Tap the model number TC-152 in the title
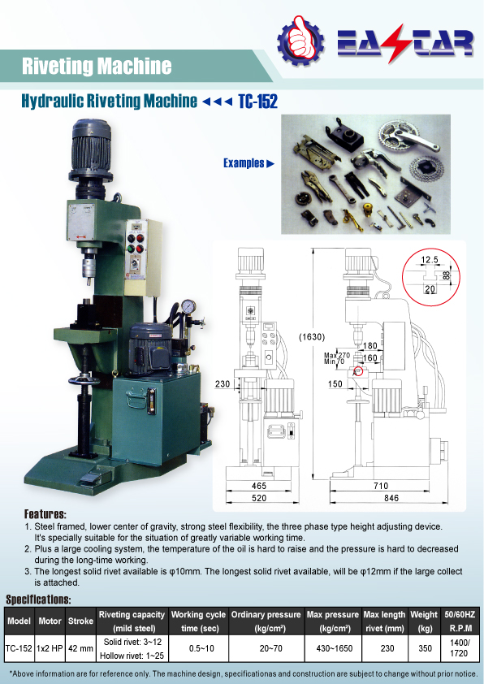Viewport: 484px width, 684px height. (x=258, y=102)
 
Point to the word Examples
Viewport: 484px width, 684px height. (x=244, y=163)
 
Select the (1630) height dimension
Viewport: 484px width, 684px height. (x=312, y=337)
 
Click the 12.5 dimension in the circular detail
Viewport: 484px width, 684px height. (x=430, y=260)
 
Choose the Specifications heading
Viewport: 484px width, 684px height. (x=38, y=600)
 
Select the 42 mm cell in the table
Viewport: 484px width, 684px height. (x=80, y=649)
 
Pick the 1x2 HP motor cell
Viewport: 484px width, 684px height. (x=50, y=649)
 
